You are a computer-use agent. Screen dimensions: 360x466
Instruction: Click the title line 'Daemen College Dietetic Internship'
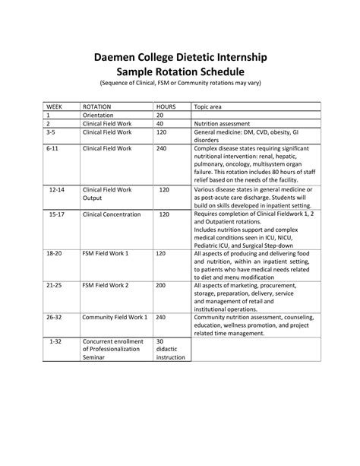179,58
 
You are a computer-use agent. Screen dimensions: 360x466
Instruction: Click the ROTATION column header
97,107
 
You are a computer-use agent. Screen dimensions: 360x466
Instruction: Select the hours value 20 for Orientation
159,114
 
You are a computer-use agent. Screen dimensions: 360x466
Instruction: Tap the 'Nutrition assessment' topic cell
229,122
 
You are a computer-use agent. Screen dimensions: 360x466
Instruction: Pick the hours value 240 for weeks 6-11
161,148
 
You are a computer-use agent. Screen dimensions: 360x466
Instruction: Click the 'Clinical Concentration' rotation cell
112,214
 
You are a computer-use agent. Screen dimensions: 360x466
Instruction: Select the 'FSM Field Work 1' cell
106,252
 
